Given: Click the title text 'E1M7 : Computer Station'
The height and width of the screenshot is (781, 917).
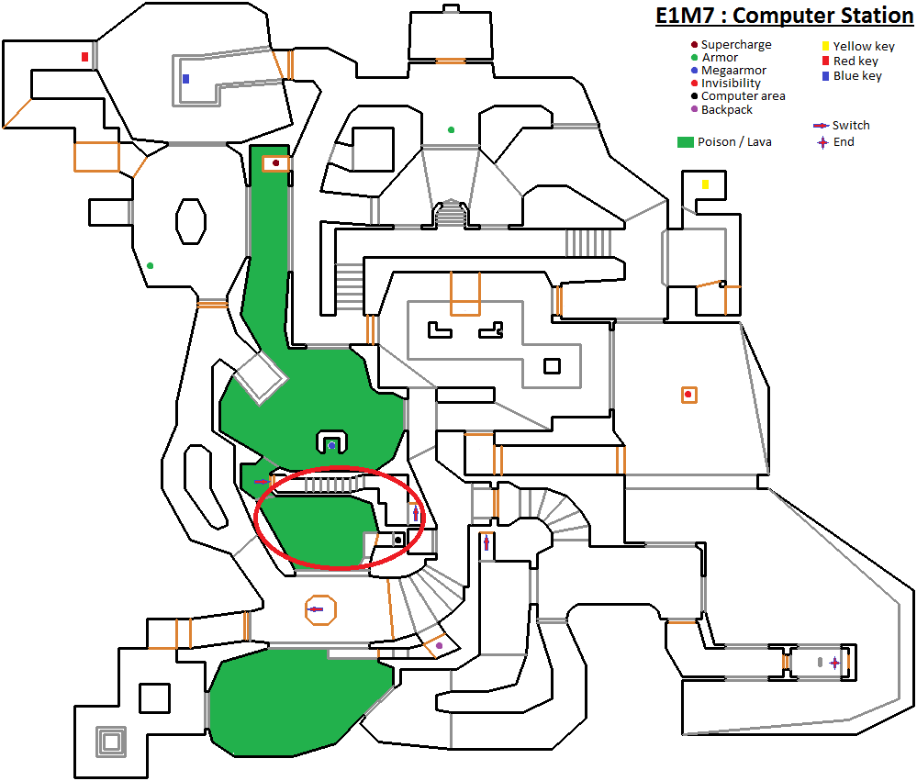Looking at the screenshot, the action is (784, 16).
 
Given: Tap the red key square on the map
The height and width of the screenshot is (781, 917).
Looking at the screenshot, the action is (84, 57).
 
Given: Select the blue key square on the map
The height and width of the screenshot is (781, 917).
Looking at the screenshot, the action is (186, 78).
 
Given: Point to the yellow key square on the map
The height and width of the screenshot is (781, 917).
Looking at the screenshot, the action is (705, 184).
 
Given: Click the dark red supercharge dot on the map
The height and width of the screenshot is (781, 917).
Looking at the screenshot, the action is (276, 163).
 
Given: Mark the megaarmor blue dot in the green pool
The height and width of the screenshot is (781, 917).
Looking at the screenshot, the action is (331, 445).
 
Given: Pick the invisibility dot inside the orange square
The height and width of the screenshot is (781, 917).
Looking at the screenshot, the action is (688, 395).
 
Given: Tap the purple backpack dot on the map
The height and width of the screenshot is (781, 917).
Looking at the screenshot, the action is (439, 645).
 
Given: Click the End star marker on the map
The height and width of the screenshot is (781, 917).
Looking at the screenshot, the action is (834, 663).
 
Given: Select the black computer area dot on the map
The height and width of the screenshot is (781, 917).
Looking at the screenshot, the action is (398, 539).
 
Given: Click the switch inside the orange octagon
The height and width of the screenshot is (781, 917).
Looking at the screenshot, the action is (316, 609).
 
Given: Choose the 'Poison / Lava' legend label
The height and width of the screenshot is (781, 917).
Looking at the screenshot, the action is (734, 142).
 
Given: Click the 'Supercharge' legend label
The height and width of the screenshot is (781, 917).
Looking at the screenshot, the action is (736, 44).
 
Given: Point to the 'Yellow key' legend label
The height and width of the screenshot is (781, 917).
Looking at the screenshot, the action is (864, 46).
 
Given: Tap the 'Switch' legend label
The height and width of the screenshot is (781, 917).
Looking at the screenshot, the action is (851, 125).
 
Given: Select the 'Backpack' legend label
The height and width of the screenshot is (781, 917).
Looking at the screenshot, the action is (727, 109).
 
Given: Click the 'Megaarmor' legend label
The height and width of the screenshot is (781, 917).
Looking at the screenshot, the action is (734, 70).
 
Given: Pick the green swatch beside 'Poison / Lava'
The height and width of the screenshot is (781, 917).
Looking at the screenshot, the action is (686, 142).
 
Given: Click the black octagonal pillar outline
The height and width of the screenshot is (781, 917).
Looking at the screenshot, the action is (191, 221).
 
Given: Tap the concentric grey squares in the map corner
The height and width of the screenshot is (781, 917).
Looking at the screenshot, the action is (111, 742).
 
